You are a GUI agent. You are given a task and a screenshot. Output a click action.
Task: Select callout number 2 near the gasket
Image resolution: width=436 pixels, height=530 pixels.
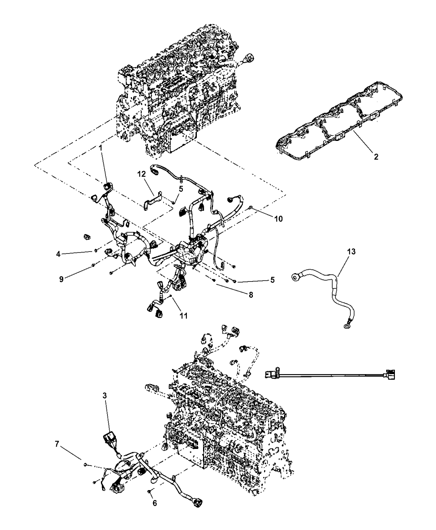coord(375,157)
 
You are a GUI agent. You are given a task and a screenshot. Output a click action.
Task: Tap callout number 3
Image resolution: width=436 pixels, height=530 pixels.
coord(105,396)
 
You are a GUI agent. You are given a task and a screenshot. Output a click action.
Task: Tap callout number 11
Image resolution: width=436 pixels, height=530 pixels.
coord(183,316)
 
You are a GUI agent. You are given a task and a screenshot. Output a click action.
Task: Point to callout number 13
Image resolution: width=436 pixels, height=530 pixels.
coord(351,251)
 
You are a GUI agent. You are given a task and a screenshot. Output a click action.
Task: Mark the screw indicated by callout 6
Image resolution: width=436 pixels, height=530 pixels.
coord(149,491)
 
